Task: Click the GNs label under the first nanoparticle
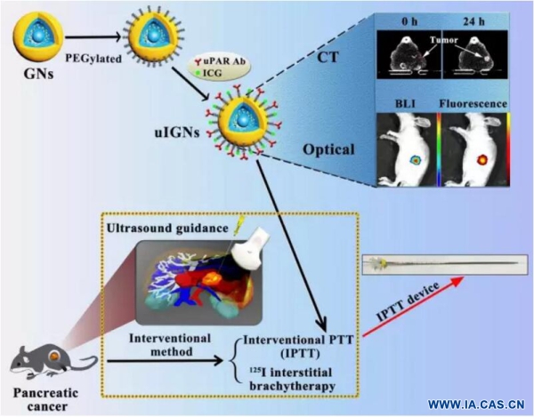tap(38, 73)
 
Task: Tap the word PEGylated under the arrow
tap(93, 59)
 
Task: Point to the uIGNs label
tap(177, 132)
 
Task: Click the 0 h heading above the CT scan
tap(409, 21)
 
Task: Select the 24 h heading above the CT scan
tap(473, 21)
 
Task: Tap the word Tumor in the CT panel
tap(444, 40)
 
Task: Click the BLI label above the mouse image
tap(405, 103)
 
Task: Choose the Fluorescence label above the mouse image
tap(473, 103)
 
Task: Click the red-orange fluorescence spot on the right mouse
tap(482, 159)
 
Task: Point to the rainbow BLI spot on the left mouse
tap(416, 159)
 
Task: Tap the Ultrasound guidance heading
tap(167, 229)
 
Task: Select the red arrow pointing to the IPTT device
tap(413, 307)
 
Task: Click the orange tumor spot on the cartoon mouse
tap(53, 357)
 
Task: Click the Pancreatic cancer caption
tap(46, 399)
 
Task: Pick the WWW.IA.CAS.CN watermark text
tap(476, 405)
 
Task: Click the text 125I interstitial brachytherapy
tap(290, 379)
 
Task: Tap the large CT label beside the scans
tap(328, 58)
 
